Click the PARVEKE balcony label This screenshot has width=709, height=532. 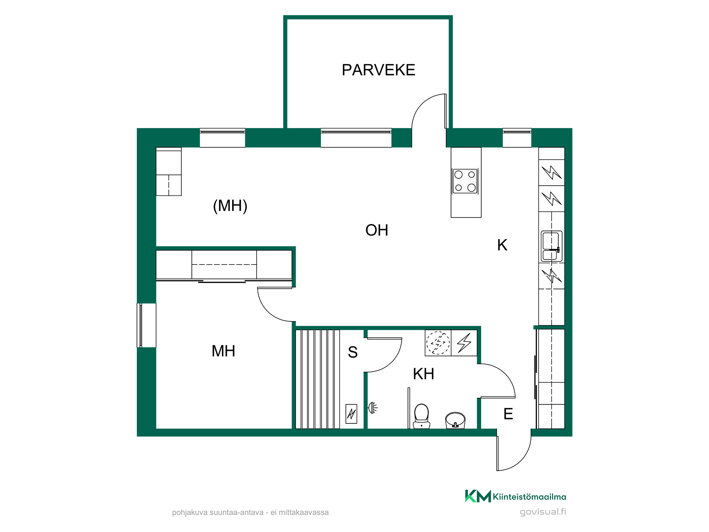coord(378,70)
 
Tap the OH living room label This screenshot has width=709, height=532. coord(377,230)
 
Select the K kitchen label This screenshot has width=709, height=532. coord(502,245)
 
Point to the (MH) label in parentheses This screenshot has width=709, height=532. coord(230,206)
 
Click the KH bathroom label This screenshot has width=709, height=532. coord(424,374)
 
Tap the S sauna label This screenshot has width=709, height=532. coord(353,352)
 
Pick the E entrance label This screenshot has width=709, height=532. coord(508,414)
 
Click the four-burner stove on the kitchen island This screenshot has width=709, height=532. coord(465,181)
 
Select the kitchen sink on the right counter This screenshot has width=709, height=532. coord(552,246)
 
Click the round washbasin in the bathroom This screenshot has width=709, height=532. coord(455,420)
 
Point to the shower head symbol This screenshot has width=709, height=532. coord(373,408)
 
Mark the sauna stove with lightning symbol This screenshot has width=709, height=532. coord(351,414)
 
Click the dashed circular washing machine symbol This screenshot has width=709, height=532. coord(438,343)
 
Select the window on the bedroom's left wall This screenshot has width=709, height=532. coord(146,325)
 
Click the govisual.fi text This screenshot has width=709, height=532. coord(543,512)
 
